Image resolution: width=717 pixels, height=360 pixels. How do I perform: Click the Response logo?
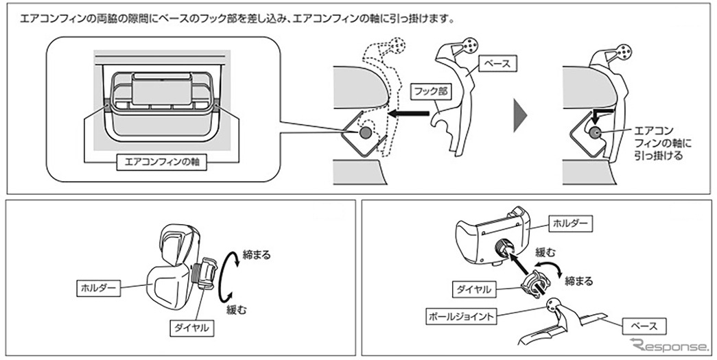[670, 344]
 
